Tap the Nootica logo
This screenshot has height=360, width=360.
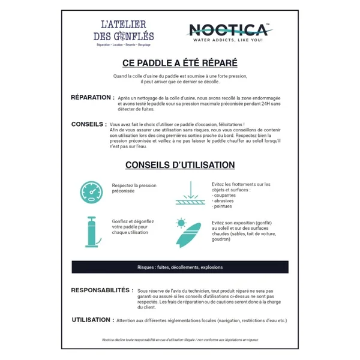pyautogui.click(x=229, y=31)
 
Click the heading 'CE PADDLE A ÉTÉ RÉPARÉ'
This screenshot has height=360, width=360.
pyautogui.click(x=180, y=62)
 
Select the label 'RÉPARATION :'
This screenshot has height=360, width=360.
pyautogui.click(x=92, y=97)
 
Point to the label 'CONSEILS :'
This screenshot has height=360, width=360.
pyautogui.click(x=89, y=124)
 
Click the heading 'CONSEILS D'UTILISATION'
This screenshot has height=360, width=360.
pyautogui.click(x=180, y=164)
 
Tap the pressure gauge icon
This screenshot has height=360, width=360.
pyautogui.click(x=92, y=191)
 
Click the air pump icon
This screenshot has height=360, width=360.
pyautogui.click(x=92, y=230)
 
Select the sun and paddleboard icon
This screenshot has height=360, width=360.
pyautogui.click(x=186, y=232)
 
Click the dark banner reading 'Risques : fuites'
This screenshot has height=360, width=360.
pyautogui.click(x=180, y=267)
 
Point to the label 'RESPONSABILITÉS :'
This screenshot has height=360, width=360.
pyautogui.click(x=101, y=290)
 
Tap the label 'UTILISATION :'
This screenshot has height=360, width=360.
pyautogui.click(x=92, y=320)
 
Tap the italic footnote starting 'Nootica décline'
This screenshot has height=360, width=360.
pyautogui.click(x=180, y=340)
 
